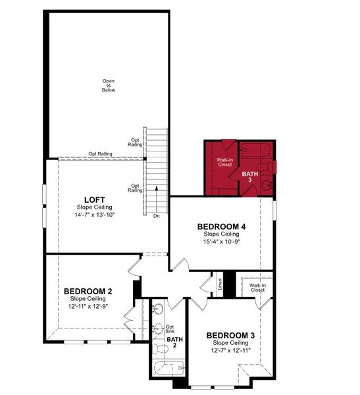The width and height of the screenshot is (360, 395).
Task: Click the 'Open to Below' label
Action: pyautogui.click(x=108, y=85)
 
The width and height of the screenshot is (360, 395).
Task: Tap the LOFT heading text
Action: pyautogui.click(x=91, y=199)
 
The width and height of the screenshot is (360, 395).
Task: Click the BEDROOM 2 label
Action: pyautogui.click(x=88, y=290)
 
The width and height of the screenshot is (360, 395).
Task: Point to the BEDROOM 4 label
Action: pyautogui.click(x=221, y=226)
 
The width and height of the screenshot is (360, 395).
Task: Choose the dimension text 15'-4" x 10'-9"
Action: pyautogui.click(x=221, y=242)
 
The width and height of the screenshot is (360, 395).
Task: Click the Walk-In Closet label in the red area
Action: pyautogui.click(x=224, y=162)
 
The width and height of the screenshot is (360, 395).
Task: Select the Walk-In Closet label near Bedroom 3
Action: pyautogui.click(x=257, y=287)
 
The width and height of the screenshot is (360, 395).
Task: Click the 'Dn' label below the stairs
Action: pyautogui.click(x=156, y=215)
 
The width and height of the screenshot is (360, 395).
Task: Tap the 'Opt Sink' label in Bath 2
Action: pyautogui.click(x=170, y=329)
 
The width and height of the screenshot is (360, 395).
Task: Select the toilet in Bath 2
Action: pyautogui.click(x=158, y=348)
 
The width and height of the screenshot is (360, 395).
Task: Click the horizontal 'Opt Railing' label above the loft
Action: pyautogui.click(x=100, y=154)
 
